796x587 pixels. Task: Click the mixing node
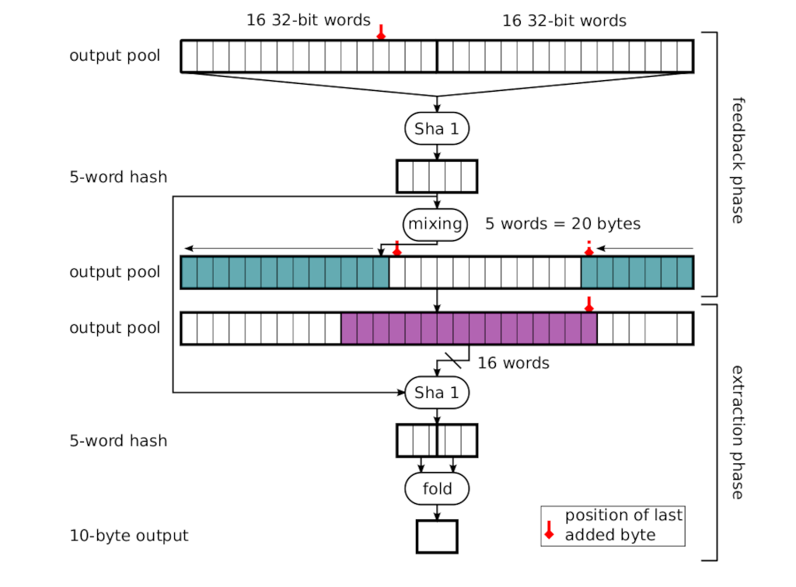(x=435, y=225)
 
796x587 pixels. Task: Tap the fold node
(x=437, y=489)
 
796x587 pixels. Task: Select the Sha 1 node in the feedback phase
(x=437, y=129)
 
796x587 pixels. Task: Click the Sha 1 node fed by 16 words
(x=437, y=393)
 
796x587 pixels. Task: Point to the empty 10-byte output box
(x=437, y=536)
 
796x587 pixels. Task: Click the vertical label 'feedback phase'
(x=738, y=160)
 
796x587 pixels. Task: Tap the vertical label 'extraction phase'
(x=738, y=432)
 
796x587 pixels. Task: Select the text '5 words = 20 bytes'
(x=563, y=225)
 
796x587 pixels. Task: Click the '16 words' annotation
(x=513, y=363)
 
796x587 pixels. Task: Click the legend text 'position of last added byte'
(x=623, y=525)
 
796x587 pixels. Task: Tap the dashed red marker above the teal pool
(x=588, y=247)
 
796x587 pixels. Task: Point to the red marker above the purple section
(x=588, y=303)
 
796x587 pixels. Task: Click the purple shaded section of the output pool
(x=469, y=328)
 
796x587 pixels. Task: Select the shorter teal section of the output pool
(x=637, y=272)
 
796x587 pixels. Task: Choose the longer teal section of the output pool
(x=285, y=272)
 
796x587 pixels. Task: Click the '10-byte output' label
(x=129, y=536)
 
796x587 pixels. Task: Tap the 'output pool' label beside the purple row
(x=115, y=328)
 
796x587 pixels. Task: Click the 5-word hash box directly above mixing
(x=437, y=176)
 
